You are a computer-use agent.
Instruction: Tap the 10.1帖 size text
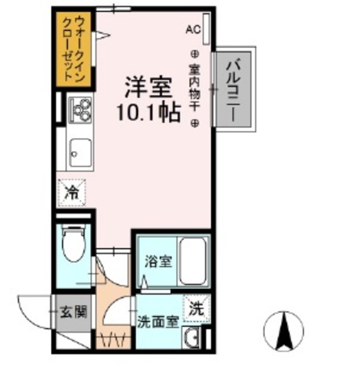pos(149,112)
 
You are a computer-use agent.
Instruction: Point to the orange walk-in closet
pos(76,48)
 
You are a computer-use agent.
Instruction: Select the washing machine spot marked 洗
pos(196,310)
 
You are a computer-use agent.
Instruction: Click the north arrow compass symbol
pos(283,330)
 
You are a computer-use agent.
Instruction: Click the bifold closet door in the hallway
pos(111,342)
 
